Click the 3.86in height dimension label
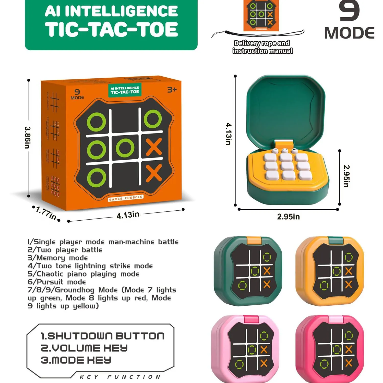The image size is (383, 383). tap(27, 137)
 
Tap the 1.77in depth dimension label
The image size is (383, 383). tap(46, 213)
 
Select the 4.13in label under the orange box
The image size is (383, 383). tap(128, 215)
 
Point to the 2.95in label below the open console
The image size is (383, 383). tap(288, 217)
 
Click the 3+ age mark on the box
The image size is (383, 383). tap(172, 90)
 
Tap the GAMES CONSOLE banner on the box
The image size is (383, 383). tap(125, 198)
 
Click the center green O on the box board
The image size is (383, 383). tap(125, 148)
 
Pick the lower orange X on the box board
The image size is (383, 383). tap(154, 173)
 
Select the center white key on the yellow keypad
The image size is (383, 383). tap(287, 166)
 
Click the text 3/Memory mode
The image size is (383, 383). tap(58, 258)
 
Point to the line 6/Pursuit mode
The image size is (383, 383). tap(57, 282)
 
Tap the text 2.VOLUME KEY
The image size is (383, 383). tap(84, 348)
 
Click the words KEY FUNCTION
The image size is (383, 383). tap(120, 377)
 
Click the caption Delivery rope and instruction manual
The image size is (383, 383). tap(262, 47)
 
